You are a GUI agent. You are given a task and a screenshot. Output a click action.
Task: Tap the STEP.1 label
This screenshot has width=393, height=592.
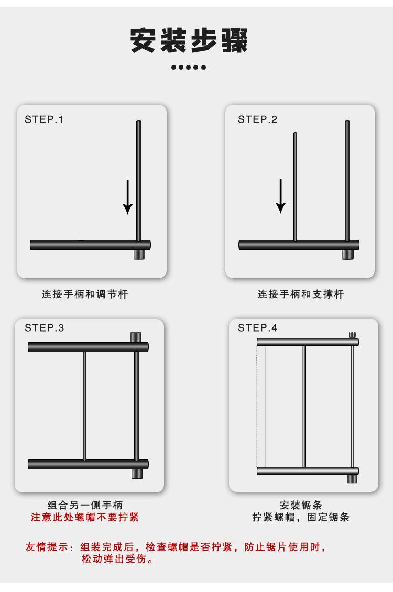tap(44, 119)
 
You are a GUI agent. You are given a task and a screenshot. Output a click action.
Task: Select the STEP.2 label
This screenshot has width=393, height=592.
tap(257, 119)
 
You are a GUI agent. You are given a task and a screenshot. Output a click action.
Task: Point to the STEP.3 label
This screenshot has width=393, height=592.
tap(45, 328)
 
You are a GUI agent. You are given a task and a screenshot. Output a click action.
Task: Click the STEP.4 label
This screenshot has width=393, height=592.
tap(257, 328)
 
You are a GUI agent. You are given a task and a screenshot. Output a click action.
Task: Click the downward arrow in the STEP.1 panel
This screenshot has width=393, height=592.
tap(128, 196)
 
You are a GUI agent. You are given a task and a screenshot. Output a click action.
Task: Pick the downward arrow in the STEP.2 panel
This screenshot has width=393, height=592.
tap(280, 196)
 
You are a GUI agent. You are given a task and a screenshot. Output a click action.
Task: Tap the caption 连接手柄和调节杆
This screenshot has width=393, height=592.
tap(85, 294)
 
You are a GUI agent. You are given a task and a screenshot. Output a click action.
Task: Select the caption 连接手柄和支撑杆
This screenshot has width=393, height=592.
tap(301, 294)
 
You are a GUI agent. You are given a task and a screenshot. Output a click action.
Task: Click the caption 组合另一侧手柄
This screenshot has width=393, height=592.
tap(85, 505)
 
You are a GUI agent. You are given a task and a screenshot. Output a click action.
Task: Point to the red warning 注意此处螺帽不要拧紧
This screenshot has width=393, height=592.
tap(85, 517)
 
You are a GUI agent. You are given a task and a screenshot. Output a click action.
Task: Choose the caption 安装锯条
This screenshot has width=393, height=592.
tap(301, 505)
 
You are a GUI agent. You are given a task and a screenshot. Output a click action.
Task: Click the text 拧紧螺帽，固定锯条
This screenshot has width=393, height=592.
tap(301, 517)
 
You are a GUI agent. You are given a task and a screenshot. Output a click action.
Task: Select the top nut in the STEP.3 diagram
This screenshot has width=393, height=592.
tap(136, 337)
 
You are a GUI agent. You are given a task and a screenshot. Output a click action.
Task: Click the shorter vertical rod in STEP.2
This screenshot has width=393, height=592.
tap(295, 187)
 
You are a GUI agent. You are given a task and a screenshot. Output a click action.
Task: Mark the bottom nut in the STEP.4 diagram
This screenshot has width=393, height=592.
tap(352, 479)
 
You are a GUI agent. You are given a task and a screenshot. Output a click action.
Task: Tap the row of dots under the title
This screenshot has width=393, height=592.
tap(189, 67)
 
